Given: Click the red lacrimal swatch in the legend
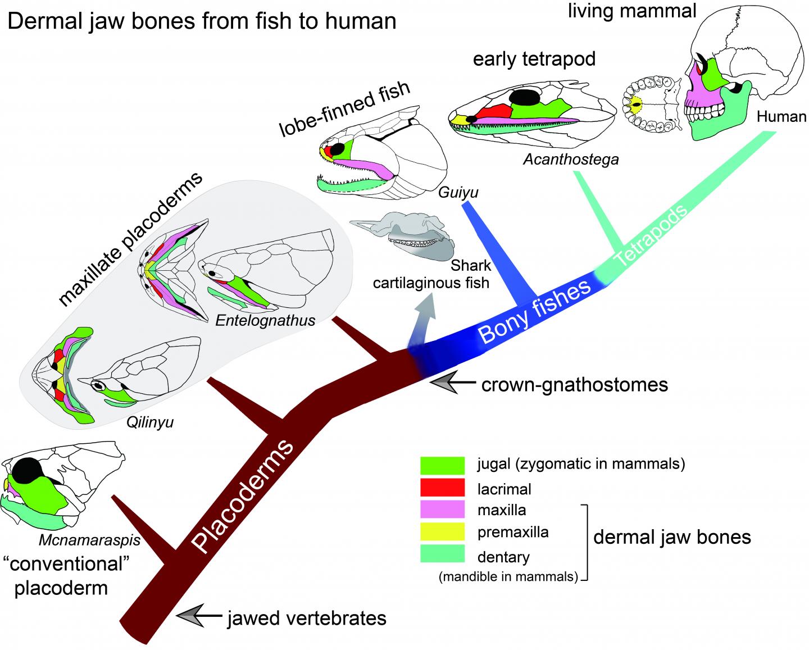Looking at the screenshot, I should point(442,487).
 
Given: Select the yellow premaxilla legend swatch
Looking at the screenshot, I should point(442,531).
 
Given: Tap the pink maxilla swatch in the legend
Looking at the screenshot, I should point(442,510).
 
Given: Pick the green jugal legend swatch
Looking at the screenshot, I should point(442,465).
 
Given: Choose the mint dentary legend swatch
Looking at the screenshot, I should point(442,554).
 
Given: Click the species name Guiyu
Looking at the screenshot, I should point(459,193).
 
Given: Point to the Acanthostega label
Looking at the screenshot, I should point(571,160).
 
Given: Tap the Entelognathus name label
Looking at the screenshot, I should point(265,320).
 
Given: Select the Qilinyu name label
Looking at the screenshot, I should point(149,422).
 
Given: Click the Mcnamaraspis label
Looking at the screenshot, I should point(89,541).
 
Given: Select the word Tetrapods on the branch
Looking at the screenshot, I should point(652,236).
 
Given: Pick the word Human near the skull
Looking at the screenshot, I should point(781,117).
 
